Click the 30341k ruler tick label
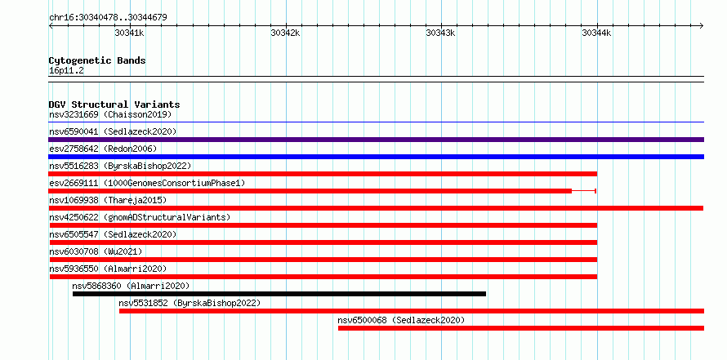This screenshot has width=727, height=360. pyautogui.click(x=129, y=33)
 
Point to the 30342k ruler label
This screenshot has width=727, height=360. pyautogui.click(x=285, y=33)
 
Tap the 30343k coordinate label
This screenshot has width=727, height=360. pyautogui.click(x=441, y=33)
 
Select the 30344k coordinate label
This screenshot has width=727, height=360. pyautogui.click(x=597, y=33)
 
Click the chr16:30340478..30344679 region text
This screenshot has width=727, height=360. pyautogui.click(x=108, y=18)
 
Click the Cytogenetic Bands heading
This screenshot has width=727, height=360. pyautogui.click(x=97, y=60)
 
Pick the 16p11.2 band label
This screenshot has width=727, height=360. pyautogui.click(x=66, y=71)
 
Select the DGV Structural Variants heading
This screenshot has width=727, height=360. pyautogui.click(x=114, y=104)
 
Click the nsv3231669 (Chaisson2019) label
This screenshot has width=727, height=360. pyautogui.click(x=110, y=114)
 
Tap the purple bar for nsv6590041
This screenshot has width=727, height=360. pyautogui.click(x=376, y=140)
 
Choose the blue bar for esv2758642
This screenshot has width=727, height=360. pyautogui.click(x=376, y=157)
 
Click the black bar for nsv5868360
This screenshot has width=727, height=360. pyautogui.click(x=279, y=294)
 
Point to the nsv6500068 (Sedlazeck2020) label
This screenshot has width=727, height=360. pyautogui.click(x=401, y=320)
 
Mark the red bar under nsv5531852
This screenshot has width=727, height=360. pyautogui.click(x=412, y=311)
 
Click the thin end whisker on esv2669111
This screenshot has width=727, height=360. pyautogui.click(x=584, y=191)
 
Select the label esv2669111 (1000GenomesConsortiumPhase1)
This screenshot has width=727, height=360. pyautogui.click(x=147, y=183)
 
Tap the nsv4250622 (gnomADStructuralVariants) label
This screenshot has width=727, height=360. pyautogui.click(x=140, y=217)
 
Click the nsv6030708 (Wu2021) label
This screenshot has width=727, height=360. pyautogui.click(x=96, y=251)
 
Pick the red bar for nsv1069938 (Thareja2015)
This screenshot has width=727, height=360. pyautogui.click(x=376, y=208)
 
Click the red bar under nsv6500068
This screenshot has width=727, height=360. pyautogui.click(x=521, y=328)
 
